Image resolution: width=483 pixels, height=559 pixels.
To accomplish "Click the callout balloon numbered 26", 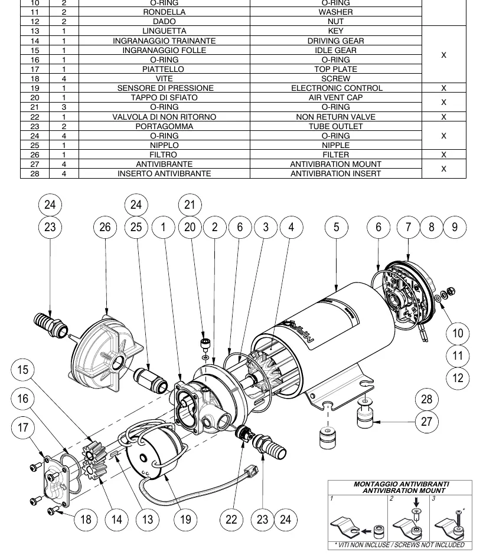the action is tap(105, 227).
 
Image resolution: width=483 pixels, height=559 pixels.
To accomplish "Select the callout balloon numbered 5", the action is tap(337, 227).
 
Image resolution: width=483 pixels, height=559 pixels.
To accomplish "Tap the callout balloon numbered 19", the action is tap(185, 519).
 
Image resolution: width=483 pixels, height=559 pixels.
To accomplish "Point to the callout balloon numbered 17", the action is tap(23, 428).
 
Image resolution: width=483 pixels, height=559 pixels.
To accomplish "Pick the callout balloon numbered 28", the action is tap(427, 399).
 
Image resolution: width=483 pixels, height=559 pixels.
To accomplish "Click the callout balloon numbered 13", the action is tap(148, 519).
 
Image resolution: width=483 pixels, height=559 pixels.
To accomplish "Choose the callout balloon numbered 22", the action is tap(231, 519).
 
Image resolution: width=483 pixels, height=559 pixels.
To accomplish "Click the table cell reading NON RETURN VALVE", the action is tap(335, 117).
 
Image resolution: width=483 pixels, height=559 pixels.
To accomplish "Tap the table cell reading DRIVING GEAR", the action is tap(335, 41).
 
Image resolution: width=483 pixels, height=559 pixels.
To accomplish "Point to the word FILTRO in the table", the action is tap(163, 154).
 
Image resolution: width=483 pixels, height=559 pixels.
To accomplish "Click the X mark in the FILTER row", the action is tap(443, 154).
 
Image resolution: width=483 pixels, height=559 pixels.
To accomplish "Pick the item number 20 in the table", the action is tap(35, 98).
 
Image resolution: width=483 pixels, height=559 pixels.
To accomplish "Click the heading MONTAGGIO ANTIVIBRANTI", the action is tap(402, 484).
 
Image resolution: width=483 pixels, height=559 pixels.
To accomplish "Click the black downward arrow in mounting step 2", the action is tap(416, 502).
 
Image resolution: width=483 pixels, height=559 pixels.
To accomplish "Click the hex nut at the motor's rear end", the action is tap(451, 291).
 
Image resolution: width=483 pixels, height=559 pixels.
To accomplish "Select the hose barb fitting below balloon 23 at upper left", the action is tap(50, 324).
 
